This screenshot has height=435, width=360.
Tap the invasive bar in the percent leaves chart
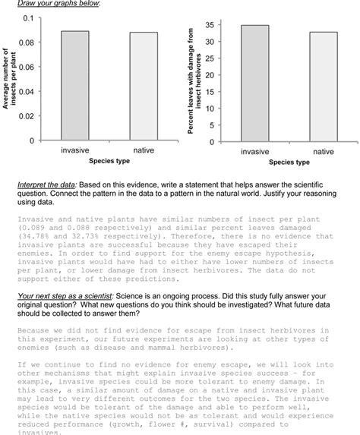(254, 83)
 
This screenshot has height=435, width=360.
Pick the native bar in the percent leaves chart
(323, 86)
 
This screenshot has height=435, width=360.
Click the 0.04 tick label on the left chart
(26, 92)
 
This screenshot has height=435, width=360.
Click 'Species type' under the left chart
(109, 161)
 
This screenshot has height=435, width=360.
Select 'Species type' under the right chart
(289, 162)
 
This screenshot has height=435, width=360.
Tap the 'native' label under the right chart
(323, 151)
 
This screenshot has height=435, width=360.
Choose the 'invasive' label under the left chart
(74, 150)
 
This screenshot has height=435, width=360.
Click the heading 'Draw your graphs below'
(58, 5)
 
